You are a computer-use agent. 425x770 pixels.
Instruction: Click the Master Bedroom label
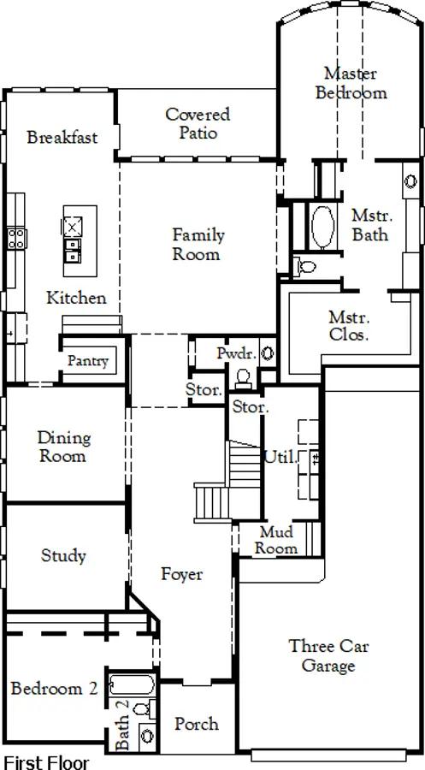pyautogui.click(x=351, y=83)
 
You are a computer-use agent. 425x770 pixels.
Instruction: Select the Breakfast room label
pyautogui.click(x=62, y=137)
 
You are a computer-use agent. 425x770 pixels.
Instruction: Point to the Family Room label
pyautogui.click(x=198, y=245)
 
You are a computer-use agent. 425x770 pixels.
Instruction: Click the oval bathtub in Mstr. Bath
pyautogui.click(x=322, y=227)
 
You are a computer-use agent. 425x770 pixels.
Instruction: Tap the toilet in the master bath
pyautogui.click(x=305, y=267)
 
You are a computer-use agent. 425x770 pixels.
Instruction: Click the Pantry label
pyautogui.click(x=88, y=361)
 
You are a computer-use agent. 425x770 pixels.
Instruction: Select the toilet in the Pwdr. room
pyautogui.click(x=243, y=377)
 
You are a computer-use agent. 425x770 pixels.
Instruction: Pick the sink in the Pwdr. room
pyautogui.click(x=268, y=353)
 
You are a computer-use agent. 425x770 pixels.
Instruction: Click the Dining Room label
pyautogui.click(x=64, y=447)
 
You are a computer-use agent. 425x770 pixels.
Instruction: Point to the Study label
pyautogui.click(x=63, y=556)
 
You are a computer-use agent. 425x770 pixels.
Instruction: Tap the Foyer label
pyautogui.click(x=181, y=574)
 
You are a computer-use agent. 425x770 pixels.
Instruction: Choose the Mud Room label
pyautogui.click(x=276, y=540)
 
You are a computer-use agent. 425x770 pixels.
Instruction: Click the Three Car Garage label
pyautogui.click(x=328, y=655)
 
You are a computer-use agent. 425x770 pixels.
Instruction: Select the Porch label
pyautogui.click(x=197, y=723)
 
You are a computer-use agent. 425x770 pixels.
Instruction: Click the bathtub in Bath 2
pyautogui.click(x=132, y=684)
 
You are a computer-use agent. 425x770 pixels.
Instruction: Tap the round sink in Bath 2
pyautogui.click(x=147, y=736)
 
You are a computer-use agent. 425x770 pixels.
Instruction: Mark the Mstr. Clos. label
pyautogui.click(x=348, y=326)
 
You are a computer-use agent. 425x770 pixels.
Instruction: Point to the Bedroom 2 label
pyautogui.click(x=54, y=689)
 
